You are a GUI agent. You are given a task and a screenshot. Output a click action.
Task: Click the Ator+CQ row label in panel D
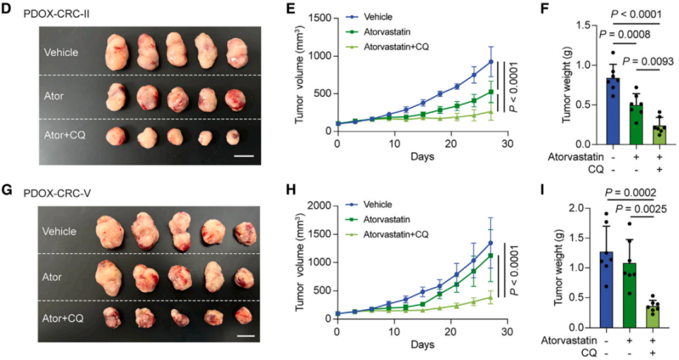64,135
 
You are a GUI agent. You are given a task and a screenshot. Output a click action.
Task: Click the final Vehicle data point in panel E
490,61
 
